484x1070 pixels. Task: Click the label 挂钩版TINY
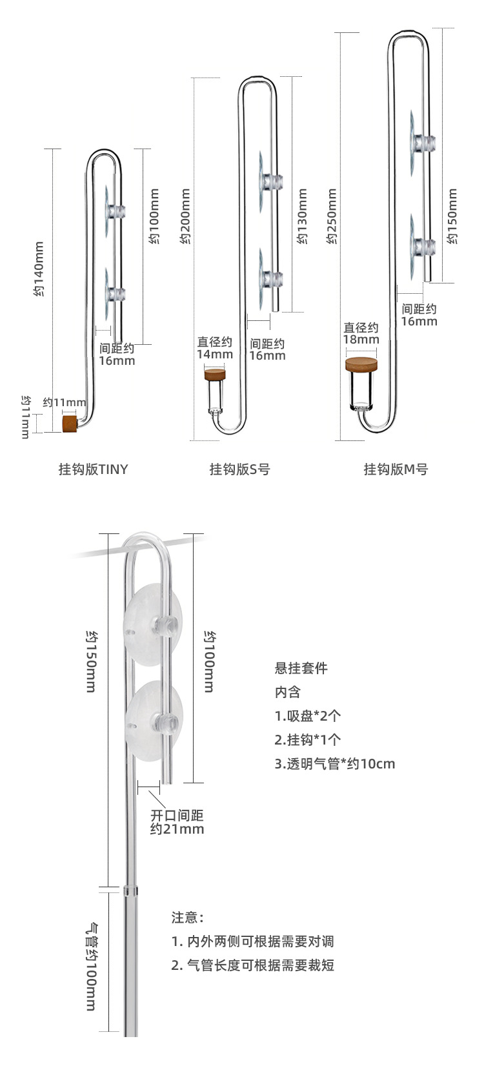point(94,469)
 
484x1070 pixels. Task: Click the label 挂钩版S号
point(239,469)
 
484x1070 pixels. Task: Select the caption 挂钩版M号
point(396,469)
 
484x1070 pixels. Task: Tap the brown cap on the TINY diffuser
point(69,424)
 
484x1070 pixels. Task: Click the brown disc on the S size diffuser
point(216,375)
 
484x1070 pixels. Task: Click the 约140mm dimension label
point(39,269)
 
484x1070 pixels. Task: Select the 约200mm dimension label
point(185,217)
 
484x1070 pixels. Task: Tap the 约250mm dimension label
point(332,217)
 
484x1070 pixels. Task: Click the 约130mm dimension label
point(302,217)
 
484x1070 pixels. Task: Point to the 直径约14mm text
point(215,347)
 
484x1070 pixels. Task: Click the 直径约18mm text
point(361,333)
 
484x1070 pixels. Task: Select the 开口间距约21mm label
point(177,822)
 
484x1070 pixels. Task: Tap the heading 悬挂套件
point(301,668)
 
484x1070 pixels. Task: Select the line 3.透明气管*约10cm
point(334,763)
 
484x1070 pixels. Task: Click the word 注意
point(187,917)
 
